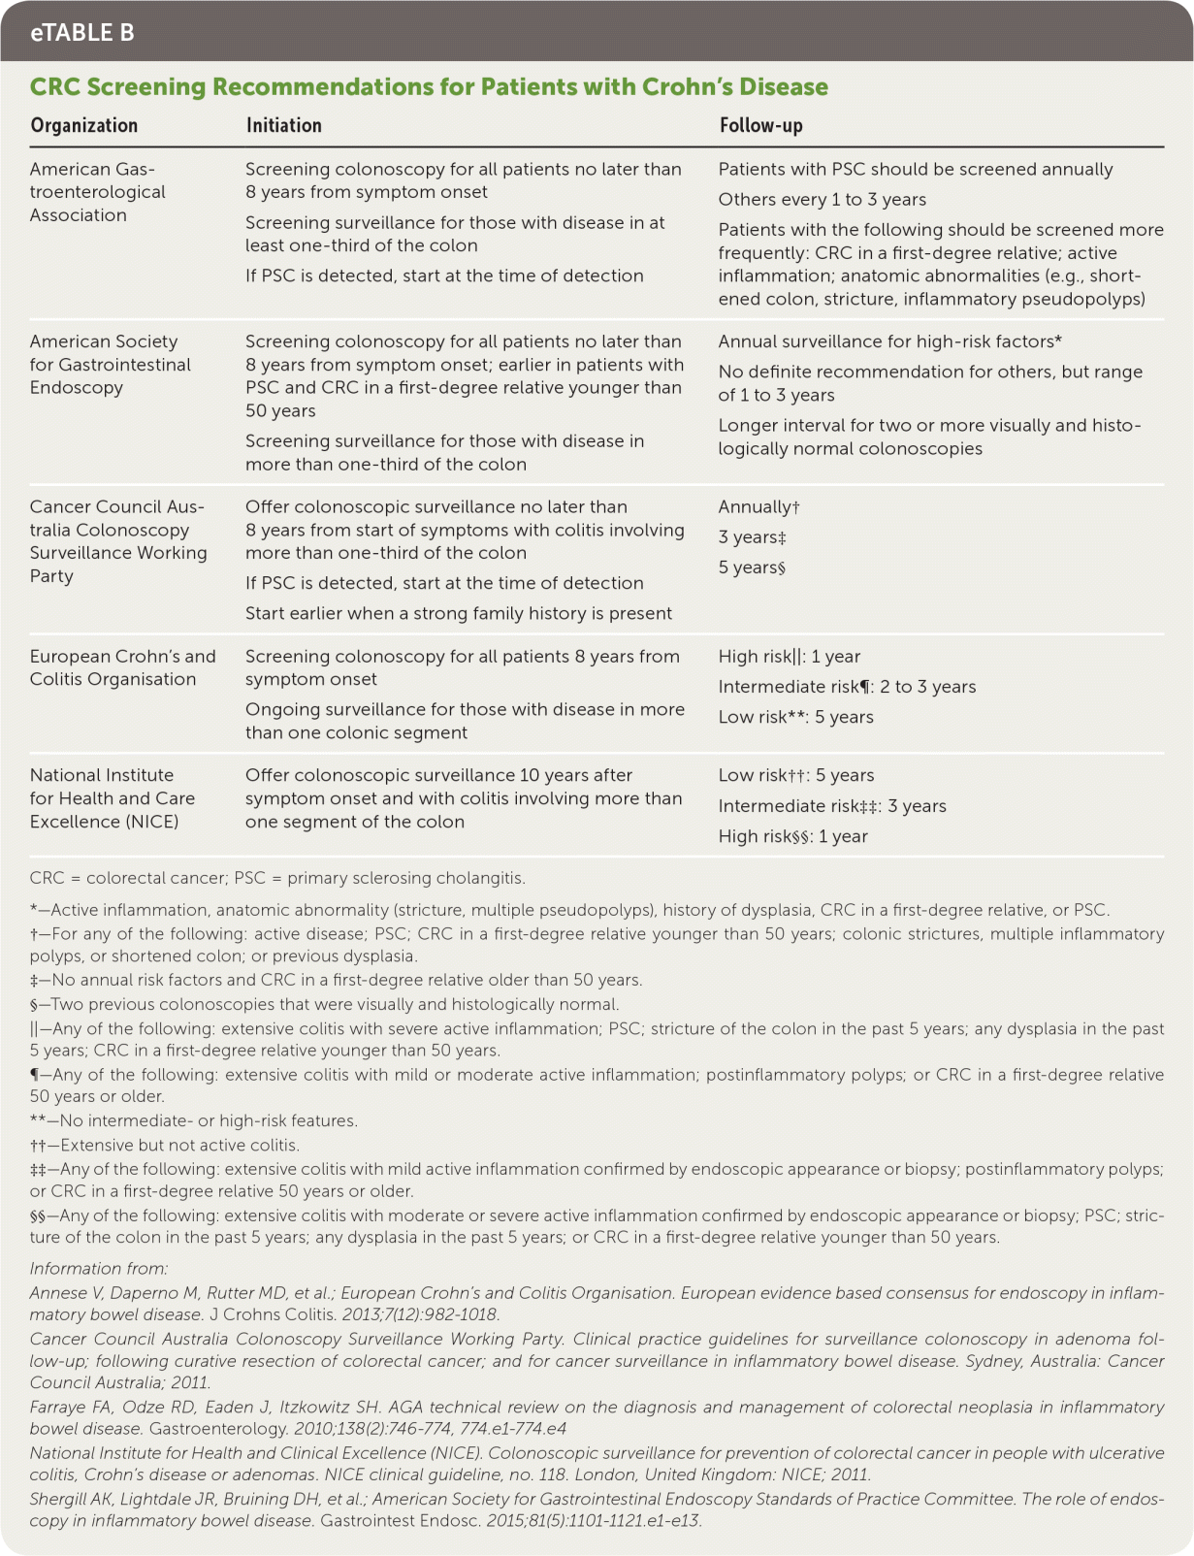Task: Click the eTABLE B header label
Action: [82, 33]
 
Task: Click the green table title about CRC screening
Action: [429, 87]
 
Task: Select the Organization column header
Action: [84, 125]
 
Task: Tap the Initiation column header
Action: [283, 125]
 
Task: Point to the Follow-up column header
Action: [760, 125]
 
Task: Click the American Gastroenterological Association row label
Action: [97, 192]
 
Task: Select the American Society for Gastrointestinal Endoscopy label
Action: [110, 365]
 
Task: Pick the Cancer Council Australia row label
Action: [117, 541]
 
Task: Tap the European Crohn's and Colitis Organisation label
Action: [122, 667]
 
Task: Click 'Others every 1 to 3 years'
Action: [822, 200]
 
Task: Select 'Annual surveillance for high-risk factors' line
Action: [889, 341]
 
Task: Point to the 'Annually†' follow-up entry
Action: [758, 507]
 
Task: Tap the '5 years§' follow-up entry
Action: [752, 567]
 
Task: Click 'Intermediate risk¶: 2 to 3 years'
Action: [847, 687]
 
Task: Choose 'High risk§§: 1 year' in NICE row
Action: [792, 836]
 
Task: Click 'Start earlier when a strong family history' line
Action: [458, 613]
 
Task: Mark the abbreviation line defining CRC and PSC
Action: [277, 879]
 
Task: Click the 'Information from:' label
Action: [98, 1269]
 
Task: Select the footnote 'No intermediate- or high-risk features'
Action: [194, 1121]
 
